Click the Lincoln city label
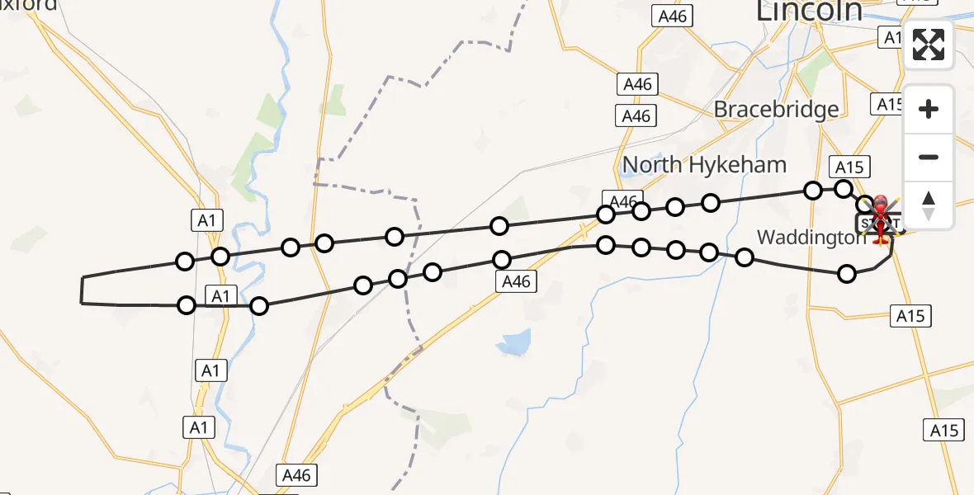coord(810,12)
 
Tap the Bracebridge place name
coord(776,109)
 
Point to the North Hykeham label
coord(704,165)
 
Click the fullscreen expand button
coord(929,45)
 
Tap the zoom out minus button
coord(929,158)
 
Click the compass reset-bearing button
coord(929,205)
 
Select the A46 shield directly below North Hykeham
coord(622,200)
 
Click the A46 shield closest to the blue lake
coord(516,282)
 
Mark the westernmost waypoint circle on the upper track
coord(185,262)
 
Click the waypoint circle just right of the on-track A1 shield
coord(259,306)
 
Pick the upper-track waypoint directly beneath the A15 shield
coord(843,189)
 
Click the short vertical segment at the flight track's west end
coord(83,290)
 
